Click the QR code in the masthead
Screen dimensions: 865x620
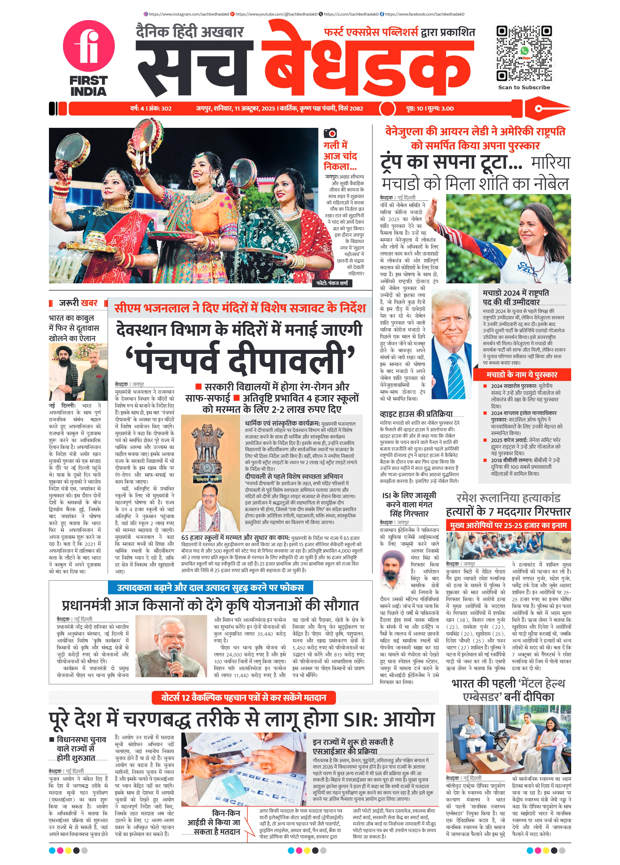pos(524,53)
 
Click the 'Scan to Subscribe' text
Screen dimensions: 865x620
pos(524,87)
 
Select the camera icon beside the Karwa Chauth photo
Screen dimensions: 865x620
pos(330,133)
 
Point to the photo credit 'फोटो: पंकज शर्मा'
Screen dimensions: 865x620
pos(332,283)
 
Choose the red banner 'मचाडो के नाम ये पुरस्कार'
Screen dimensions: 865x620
pos(522,375)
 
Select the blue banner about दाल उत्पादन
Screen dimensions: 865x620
pos(210,588)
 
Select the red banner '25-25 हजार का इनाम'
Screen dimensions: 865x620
pos(508,525)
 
